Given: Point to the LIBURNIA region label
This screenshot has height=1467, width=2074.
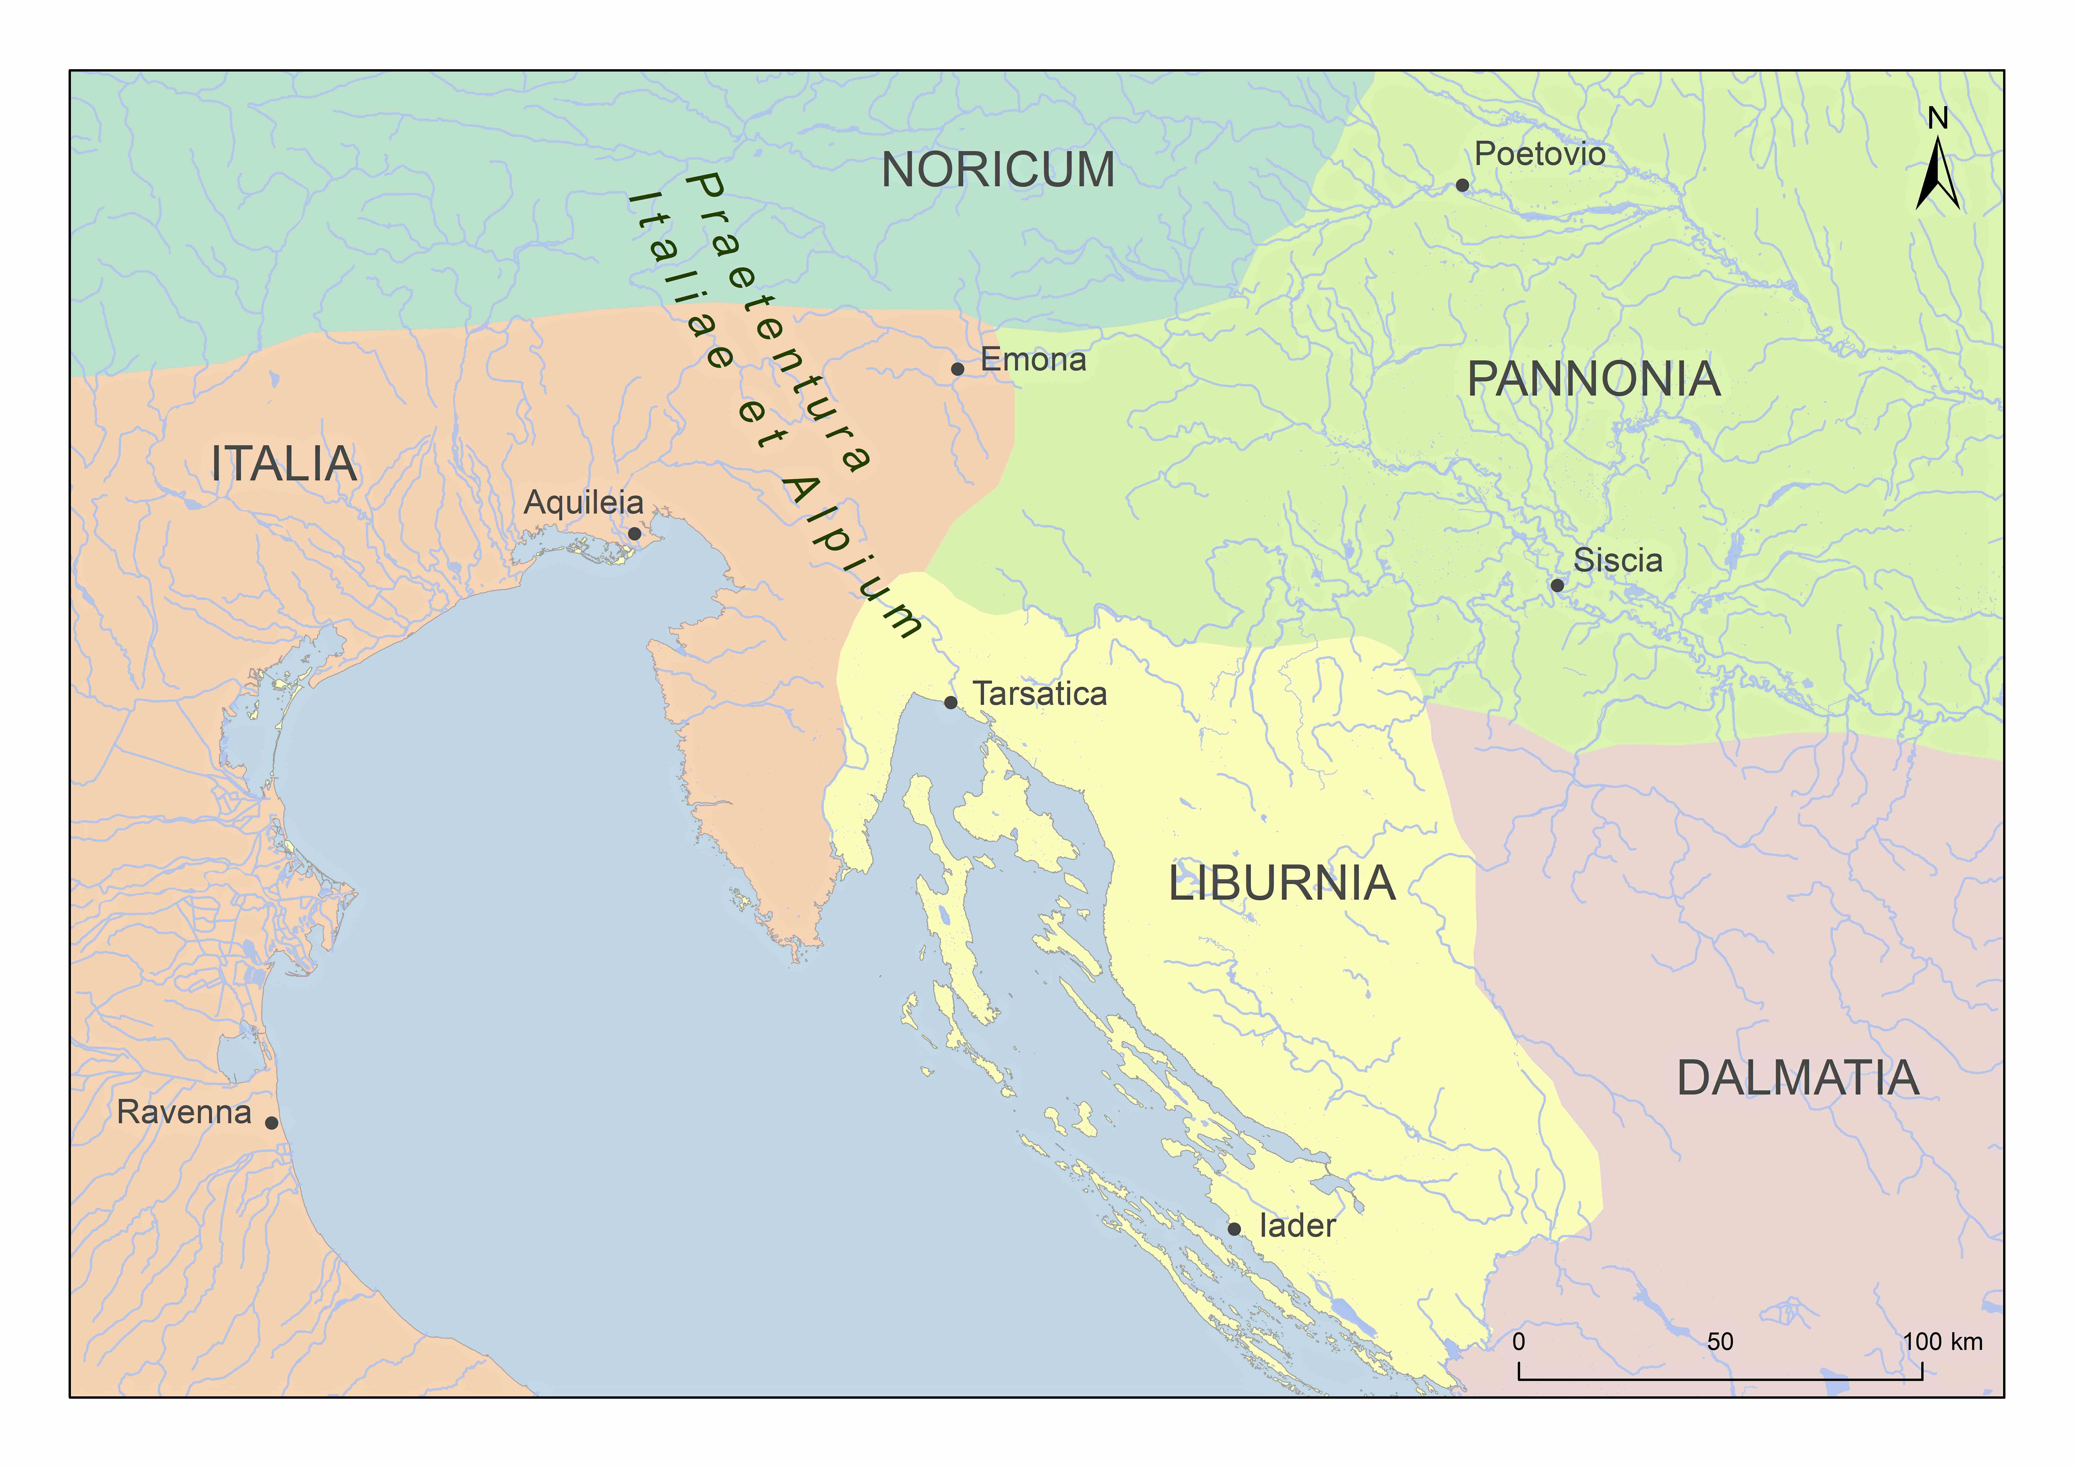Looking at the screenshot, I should pyautogui.click(x=1282, y=883).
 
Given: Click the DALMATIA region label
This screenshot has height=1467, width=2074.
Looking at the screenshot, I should pyautogui.click(x=1798, y=1079).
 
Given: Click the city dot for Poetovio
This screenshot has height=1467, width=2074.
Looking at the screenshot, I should pyautogui.click(x=1462, y=185).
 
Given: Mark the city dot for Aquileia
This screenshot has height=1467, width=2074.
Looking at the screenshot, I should pyautogui.click(x=634, y=534).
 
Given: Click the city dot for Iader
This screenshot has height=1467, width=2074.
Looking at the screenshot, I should pyautogui.click(x=1234, y=1228).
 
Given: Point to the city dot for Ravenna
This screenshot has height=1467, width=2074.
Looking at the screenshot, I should pyautogui.click(x=271, y=1123).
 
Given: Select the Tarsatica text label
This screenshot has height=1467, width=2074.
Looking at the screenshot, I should pyautogui.click(x=1040, y=694).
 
